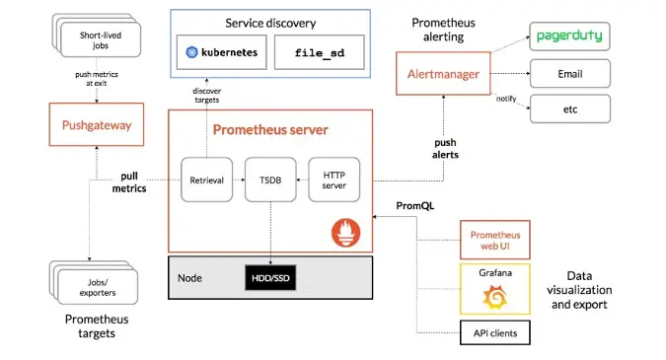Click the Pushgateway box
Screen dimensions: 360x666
[x=97, y=125]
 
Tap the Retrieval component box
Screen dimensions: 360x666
[x=206, y=180]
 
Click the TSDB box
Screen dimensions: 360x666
[x=269, y=180]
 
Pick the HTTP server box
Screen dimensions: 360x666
[x=333, y=180]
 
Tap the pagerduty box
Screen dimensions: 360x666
[x=570, y=37]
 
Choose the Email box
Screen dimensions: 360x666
[x=570, y=73]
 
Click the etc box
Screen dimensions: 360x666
[x=570, y=108]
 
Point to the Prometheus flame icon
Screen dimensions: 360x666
[x=346, y=233]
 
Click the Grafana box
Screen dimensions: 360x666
[x=495, y=288]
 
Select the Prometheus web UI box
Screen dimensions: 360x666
[x=495, y=240]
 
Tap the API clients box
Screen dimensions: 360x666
[x=495, y=333]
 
